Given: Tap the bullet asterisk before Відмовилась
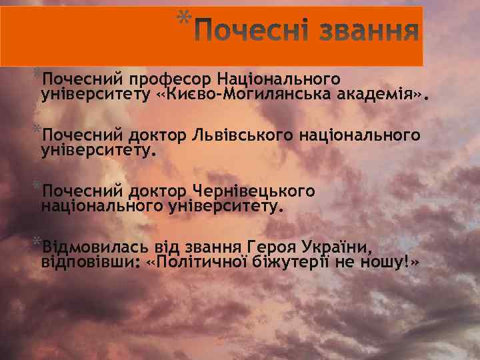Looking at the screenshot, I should (37, 241).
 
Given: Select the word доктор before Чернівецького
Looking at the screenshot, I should (159, 192).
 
